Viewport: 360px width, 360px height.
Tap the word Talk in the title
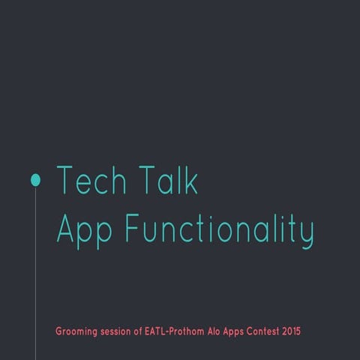click(x=168, y=181)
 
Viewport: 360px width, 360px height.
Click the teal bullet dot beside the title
click(x=35, y=179)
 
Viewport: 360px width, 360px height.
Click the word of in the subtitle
click(x=141, y=331)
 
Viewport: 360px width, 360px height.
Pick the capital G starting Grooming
click(x=59, y=331)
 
